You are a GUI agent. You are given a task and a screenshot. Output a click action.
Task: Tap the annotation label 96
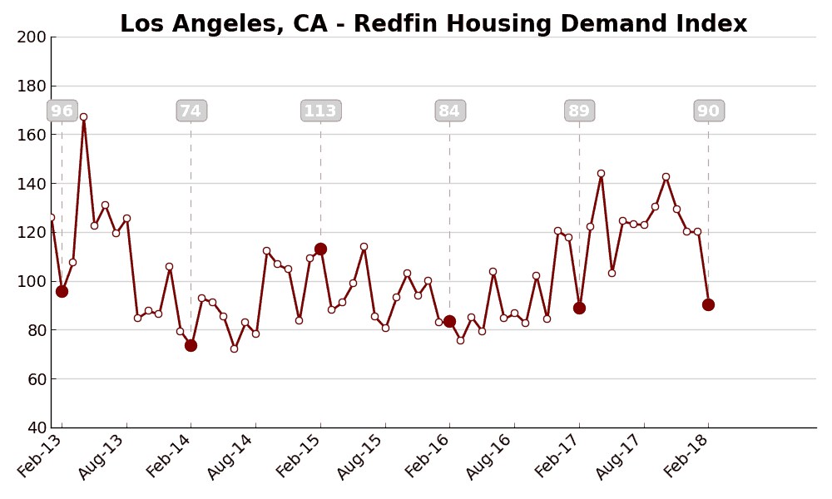62,111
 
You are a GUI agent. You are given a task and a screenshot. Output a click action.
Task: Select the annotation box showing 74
191,111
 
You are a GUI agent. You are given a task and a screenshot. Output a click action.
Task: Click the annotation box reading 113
320,111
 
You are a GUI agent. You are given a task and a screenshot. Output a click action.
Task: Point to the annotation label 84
450,111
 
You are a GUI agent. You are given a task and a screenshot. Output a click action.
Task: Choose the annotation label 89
579,111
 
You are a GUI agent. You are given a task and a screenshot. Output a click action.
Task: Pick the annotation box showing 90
709,111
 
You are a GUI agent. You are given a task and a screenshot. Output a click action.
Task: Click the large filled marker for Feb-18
708,304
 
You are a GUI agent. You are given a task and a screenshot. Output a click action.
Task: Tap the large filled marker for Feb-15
320,249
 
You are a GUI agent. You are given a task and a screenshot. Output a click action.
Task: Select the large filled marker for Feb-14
191,345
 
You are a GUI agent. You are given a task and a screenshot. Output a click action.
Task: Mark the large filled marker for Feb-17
579,308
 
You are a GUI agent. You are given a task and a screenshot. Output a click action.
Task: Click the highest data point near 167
83,117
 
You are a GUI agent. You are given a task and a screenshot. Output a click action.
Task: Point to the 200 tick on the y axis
32,37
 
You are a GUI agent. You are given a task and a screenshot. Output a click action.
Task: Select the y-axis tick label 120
32,232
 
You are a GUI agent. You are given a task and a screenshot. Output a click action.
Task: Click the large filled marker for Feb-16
449,321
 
